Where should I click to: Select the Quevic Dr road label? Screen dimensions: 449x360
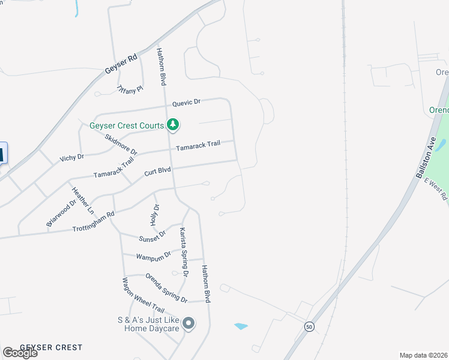186,103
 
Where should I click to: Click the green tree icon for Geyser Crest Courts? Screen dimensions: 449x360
173,125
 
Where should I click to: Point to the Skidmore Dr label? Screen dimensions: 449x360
121,143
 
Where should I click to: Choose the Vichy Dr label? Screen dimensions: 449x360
71,157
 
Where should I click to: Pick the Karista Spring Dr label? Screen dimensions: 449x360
184,251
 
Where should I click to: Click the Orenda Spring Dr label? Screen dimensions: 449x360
166,287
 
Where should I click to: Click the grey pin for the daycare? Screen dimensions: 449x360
188,324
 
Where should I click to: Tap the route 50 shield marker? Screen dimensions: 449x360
309,326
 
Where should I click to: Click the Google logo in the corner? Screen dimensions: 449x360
20,353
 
